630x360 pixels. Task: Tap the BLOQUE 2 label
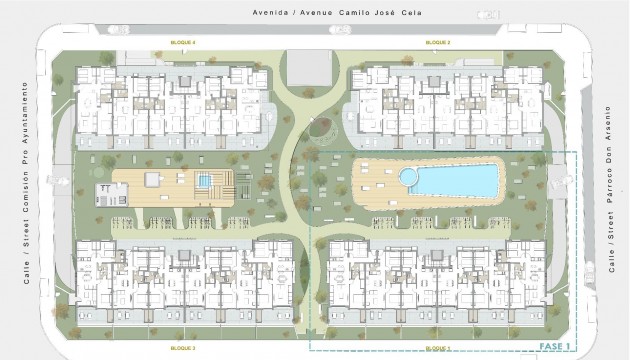point(437,44)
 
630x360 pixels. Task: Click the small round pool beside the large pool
point(408,177)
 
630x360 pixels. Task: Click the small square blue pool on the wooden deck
point(205,181)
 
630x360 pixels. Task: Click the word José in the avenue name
point(381,12)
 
